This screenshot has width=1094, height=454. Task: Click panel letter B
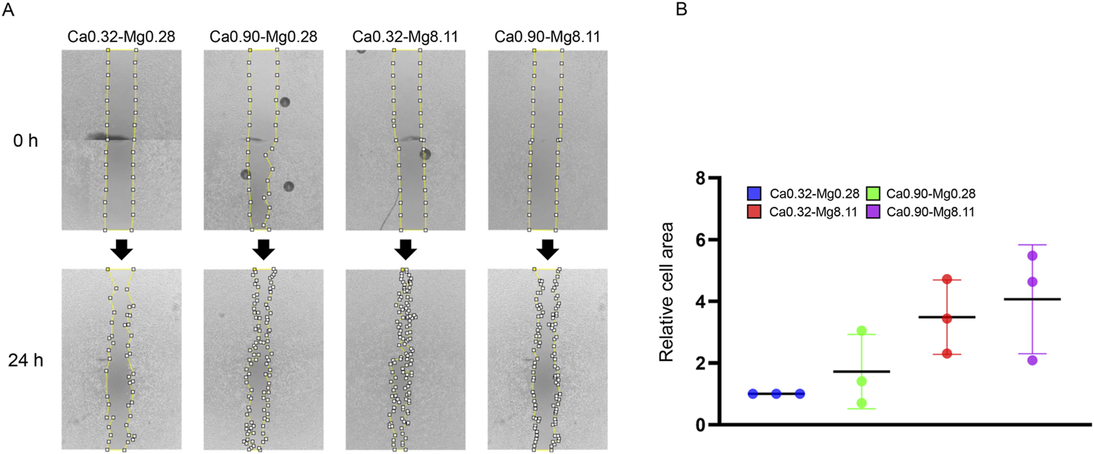click(682, 10)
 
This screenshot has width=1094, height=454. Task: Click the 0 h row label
click(25, 141)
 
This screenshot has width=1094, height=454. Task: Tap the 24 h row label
click(25, 360)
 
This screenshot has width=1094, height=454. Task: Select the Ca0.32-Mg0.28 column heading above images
click(121, 36)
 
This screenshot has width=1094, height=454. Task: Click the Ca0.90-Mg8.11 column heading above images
click(547, 36)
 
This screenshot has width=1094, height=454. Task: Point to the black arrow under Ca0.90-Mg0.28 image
click(264, 249)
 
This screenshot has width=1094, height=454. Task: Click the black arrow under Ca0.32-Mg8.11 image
click(406, 249)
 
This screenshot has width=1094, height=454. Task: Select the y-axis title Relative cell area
click(666, 292)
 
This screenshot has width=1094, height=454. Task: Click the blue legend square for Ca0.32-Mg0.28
click(754, 194)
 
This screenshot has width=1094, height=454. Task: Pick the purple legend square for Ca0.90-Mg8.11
click(872, 212)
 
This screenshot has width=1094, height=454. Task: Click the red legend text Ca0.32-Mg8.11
click(813, 212)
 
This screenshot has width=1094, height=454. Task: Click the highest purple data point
click(1032, 255)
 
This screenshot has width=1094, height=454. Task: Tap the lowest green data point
click(862, 403)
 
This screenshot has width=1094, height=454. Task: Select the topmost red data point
click(947, 279)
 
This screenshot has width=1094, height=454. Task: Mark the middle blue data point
click(776, 394)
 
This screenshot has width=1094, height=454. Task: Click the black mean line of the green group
click(862, 371)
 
